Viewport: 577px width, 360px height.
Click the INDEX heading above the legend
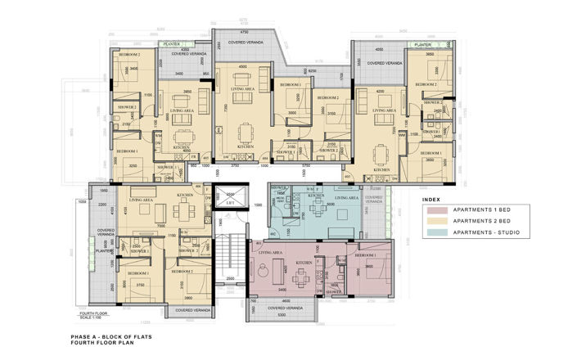[x=430, y=200]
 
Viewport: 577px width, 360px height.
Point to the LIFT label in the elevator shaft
[x=231, y=201]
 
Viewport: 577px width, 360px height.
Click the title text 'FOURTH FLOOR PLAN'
[x=99, y=343]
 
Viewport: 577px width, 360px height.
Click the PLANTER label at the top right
[x=421, y=45]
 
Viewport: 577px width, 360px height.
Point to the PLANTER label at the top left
[x=171, y=45]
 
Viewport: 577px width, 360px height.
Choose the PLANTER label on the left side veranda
[x=102, y=252]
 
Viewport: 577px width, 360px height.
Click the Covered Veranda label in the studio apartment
[x=376, y=199]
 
